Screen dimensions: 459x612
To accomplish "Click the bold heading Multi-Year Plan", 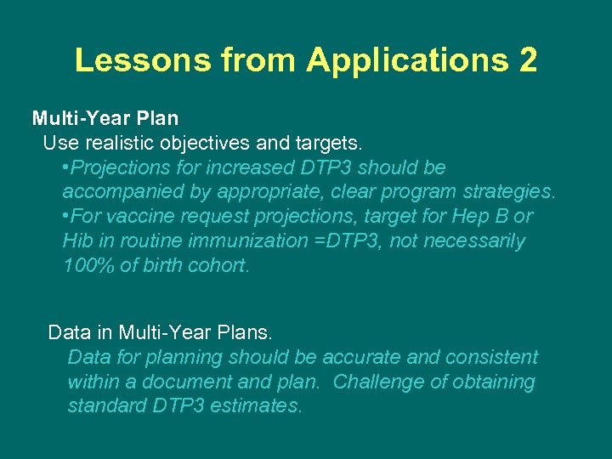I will (105, 118).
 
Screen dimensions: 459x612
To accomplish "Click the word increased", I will (246, 167).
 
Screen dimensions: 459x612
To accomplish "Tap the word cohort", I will (219, 265).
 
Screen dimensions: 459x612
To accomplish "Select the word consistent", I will (495, 357).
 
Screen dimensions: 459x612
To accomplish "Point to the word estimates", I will (257, 406).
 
